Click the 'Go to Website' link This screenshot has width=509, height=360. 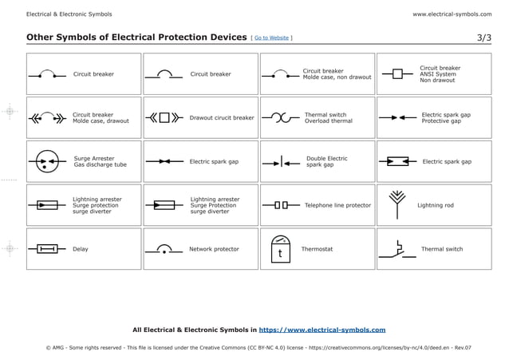click(272, 38)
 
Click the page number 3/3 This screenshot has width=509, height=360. click(484, 38)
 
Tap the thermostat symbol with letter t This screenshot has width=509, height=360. click(280, 249)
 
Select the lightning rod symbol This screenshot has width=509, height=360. click(397, 204)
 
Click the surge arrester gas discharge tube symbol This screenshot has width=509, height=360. click(46, 161)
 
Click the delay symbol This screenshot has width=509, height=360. click(47, 249)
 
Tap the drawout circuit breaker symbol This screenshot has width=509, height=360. click(164, 117)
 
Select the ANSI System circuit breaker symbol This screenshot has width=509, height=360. click(397, 74)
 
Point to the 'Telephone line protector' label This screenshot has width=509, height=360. click(337, 205)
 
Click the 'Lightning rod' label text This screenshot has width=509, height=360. click(436, 205)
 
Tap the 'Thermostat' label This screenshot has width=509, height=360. click(317, 249)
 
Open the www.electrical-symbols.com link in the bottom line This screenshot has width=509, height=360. click(322, 329)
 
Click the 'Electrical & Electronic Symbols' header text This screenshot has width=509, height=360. click(69, 14)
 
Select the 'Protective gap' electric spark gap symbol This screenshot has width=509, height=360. click(397, 117)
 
